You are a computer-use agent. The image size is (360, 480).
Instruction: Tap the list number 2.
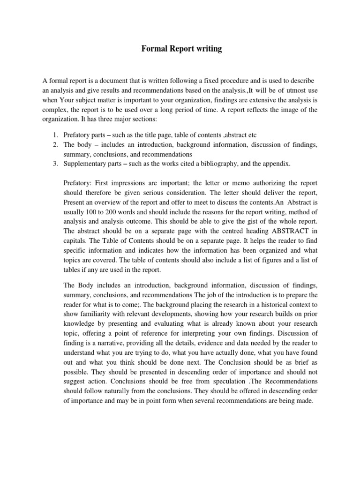click(x=55, y=145)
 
